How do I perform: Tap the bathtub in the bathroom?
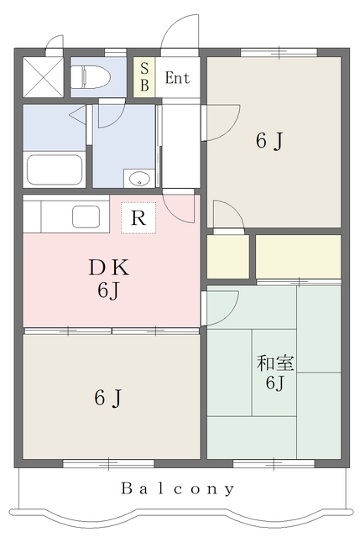coord(55,169)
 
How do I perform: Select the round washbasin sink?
coord(139,179)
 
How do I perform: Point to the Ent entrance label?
coord(177,79)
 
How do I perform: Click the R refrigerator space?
coord(138,217)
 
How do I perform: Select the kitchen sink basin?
coord(86,216)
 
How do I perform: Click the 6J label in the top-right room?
coord(269,141)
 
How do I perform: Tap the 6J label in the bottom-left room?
coord(107,398)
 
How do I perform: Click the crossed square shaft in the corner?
coord(39,76)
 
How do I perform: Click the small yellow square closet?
coord(227,258)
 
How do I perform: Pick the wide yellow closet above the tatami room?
coord(298,257)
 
